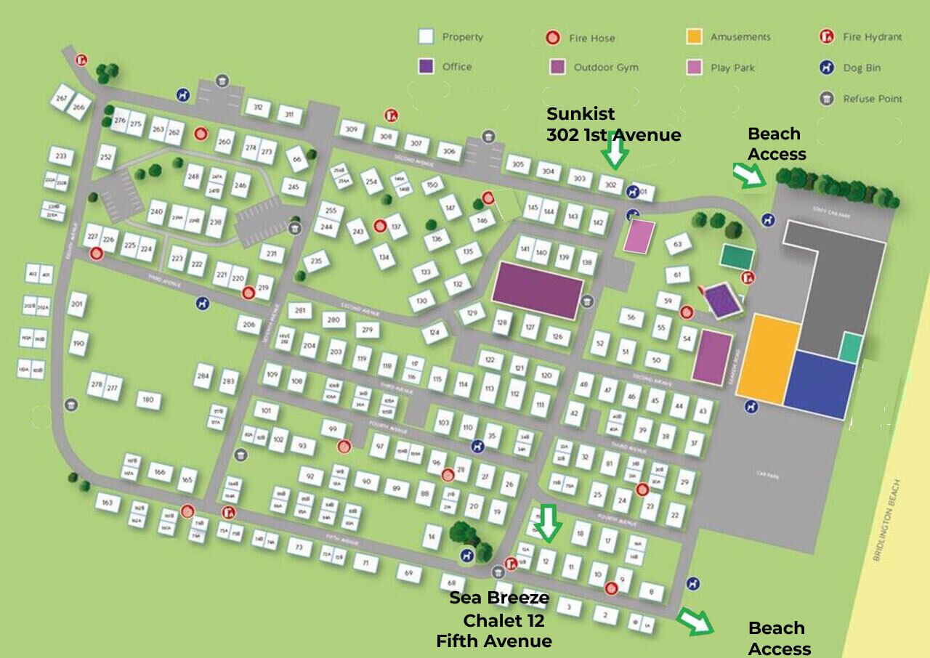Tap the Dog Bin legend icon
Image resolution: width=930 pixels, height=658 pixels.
point(826,68)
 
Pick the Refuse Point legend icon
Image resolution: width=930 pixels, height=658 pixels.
point(826,99)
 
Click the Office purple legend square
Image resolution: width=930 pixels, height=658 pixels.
point(426,66)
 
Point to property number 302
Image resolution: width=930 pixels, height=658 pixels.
point(611,184)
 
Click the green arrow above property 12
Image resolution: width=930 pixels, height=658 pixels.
point(547,524)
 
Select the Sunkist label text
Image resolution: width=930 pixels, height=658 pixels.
point(581,114)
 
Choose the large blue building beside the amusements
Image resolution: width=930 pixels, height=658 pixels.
point(820,385)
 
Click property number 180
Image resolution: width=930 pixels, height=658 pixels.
point(148,400)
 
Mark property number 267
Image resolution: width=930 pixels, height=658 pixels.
point(62,98)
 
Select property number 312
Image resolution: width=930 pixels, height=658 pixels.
point(257,108)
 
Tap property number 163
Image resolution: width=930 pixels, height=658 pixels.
point(108,503)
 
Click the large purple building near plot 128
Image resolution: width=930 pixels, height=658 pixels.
point(538,290)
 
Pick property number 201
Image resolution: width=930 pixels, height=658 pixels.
point(78,304)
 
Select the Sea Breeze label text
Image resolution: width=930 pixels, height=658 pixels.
point(498,598)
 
